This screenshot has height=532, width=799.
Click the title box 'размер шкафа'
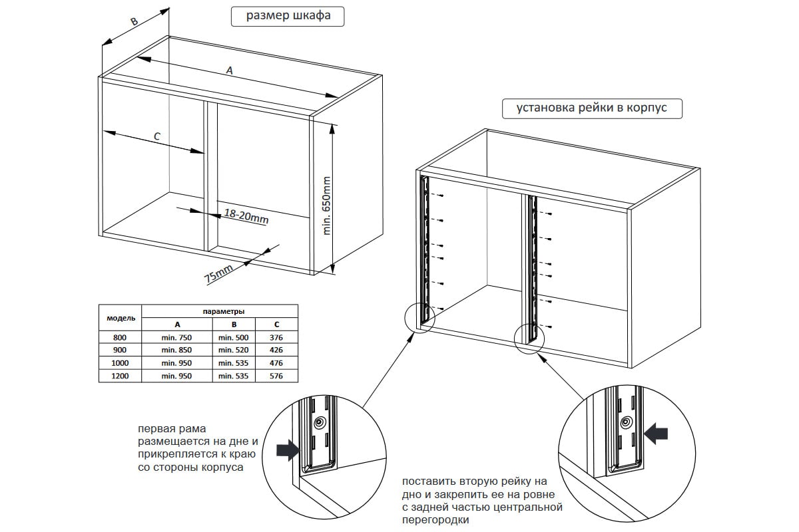[x=288, y=17]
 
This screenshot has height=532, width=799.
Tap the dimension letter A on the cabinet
[x=230, y=70]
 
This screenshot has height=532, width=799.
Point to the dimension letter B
[x=133, y=22]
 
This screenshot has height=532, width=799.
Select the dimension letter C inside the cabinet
[x=157, y=136]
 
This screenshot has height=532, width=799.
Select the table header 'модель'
[x=121, y=317]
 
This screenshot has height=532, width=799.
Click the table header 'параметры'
[x=222, y=311]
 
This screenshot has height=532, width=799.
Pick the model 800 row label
[x=120, y=337]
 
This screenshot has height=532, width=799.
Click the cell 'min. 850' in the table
[x=177, y=350]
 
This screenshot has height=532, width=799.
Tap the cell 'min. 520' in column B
[x=233, y=350]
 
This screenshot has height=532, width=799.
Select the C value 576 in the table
[x=276, y=376]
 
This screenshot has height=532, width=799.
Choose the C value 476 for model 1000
[x=276, y=363]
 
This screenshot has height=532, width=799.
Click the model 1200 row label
[x=120, y=376]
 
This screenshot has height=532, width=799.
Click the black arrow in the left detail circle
[x=287, y=451]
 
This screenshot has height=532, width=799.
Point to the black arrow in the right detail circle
[x=658, y=434]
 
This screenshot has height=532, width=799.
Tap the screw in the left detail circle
[x=321, y=422]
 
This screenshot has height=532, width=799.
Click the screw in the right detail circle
[x=626, y=423]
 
